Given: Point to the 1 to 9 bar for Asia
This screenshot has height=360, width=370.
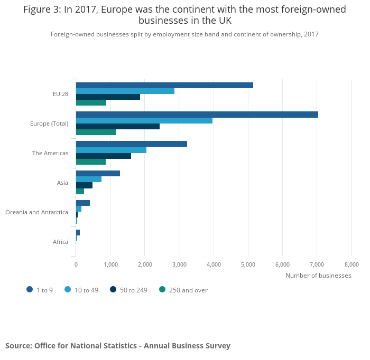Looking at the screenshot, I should [x=98, y=173].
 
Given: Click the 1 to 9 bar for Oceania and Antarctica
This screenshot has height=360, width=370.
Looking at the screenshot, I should [x=83, y=203].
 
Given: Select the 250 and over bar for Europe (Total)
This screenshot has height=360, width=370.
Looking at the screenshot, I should [x=96, y=132].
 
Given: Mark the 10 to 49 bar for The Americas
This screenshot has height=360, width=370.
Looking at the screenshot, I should [x=111, y=150].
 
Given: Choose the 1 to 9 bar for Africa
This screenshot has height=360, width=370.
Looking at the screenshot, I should [x=78, y=232].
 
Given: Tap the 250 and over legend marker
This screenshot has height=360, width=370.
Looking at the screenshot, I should [x=162, y=289].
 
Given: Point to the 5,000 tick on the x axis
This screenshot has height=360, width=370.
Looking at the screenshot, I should [x=248, y=264].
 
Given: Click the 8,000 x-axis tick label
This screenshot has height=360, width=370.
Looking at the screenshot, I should [x=351, y=264].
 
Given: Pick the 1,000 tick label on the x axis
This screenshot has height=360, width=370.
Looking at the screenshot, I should [x=110, y=264].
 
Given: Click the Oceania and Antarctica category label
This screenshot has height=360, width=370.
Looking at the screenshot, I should [x=36, y=212].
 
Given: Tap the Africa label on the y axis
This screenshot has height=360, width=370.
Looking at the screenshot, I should [x=60, y=242].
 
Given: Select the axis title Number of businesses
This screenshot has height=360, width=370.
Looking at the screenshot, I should [x=318, y=275].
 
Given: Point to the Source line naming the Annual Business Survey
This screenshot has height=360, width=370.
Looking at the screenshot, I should [x=118, y=346].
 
